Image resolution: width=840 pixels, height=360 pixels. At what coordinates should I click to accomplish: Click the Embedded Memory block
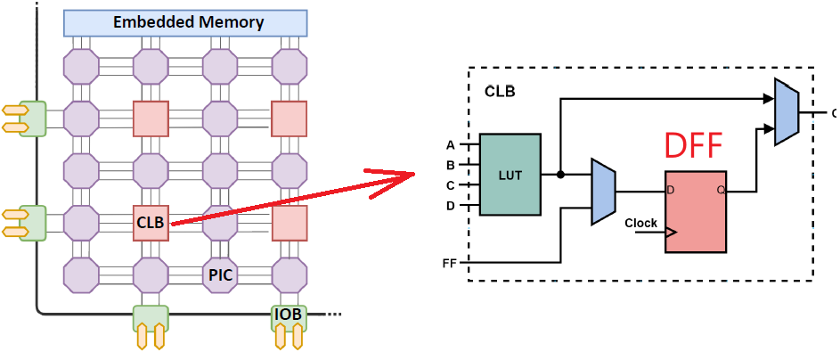pos(185,22)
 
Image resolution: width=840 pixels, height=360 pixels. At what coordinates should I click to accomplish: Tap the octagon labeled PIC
pos(220,274)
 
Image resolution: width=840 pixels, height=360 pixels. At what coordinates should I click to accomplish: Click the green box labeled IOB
pos(290,315)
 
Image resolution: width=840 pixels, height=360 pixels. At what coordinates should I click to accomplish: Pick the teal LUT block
pos(510,175)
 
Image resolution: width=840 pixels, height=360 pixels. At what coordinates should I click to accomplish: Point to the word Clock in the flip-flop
pos(641,223)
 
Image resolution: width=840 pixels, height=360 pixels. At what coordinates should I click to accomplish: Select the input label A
pos(451,145)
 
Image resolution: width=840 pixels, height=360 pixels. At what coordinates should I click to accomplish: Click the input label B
pos(451,165)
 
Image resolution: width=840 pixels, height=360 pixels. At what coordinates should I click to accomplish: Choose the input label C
pos(451,185)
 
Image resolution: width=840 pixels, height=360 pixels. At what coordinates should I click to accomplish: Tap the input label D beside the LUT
pos(451,206)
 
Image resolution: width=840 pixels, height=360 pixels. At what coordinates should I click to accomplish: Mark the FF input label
pos(449,264)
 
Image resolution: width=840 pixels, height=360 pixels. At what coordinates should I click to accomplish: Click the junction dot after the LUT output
pos(560,175)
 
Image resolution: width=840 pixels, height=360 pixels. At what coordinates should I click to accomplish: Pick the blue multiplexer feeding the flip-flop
pos(604,192)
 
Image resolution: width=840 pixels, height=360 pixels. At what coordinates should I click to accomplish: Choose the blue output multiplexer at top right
pos(787,112)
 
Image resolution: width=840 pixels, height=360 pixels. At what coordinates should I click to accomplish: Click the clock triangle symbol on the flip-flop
pos(671,233)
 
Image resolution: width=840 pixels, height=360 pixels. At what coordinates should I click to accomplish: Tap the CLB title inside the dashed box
pos(500,91)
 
